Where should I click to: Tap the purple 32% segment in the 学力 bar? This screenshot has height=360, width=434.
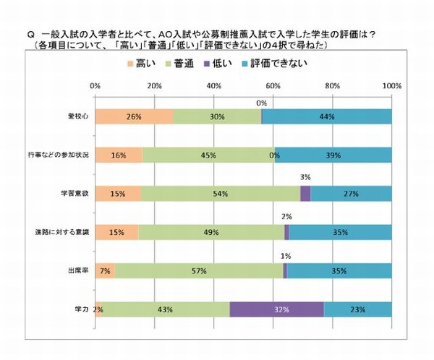[x=276, y=309]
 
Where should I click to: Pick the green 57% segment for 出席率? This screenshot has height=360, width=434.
[x=198, y=270]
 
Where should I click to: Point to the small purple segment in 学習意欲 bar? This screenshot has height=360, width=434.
[x=305, y=194]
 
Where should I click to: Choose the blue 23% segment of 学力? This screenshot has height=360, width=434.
[x=357, y=309]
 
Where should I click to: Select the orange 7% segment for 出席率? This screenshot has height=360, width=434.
[x=105, y=270]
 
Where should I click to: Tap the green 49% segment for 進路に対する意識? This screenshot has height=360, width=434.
[x=211, y=232]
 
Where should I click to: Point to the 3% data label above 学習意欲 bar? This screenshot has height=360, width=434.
[x=306, y=176]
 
